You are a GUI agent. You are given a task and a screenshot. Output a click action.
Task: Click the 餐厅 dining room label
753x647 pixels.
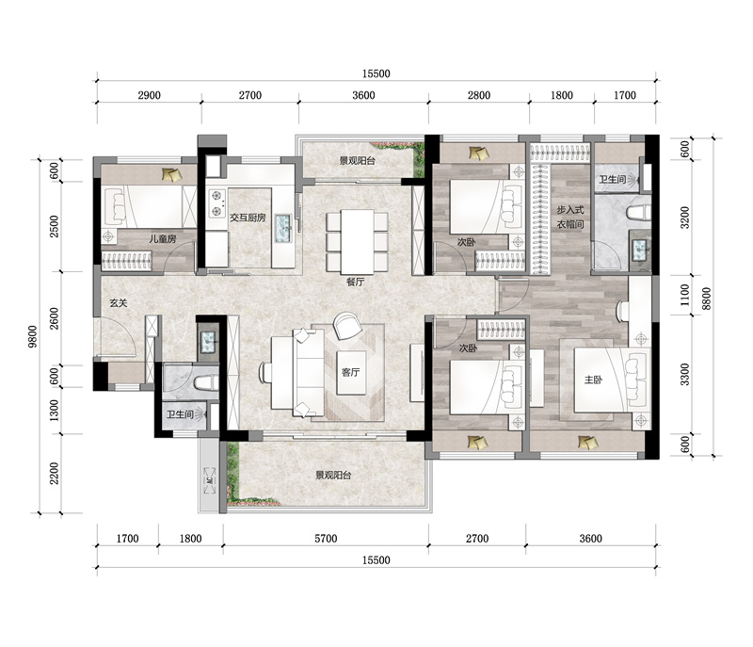point(356,282)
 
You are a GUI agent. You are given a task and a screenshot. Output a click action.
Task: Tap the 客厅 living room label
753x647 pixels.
point(350,372)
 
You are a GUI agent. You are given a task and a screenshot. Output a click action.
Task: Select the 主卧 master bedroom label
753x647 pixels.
point(593,380)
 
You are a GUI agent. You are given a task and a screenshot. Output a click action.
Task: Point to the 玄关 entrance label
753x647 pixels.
point(119,303)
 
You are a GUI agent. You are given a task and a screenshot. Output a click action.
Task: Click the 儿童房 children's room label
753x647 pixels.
point(162,238)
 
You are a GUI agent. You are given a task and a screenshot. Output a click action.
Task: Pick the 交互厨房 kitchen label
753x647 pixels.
point(248,218)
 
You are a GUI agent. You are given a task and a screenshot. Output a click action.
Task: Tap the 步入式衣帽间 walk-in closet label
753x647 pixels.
point(570,218)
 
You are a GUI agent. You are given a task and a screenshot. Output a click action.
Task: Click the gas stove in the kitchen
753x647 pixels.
point(217,203)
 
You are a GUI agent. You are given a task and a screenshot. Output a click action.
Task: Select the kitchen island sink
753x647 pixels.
point(282,229)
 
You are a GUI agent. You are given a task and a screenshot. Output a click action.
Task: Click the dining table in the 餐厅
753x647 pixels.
point(358,241)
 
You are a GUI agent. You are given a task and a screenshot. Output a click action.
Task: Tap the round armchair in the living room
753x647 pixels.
point(346,325)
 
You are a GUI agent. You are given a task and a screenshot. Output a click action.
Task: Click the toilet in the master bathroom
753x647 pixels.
point(638,213)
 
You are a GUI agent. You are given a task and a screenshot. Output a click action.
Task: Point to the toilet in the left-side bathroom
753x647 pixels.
point(205,382)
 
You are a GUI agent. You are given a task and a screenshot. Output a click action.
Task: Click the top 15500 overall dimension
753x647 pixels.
point(376,73)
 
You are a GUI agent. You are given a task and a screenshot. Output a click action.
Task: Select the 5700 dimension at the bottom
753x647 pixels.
point(326,539)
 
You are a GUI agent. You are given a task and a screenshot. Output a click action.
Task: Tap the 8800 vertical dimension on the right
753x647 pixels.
point(707,299)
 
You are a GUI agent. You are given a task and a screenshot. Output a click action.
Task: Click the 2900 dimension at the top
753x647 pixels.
point(149,95)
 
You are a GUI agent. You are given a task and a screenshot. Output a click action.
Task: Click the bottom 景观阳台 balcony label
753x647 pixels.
point(333,475)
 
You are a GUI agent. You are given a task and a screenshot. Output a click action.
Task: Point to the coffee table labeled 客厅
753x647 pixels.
point(351,373)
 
